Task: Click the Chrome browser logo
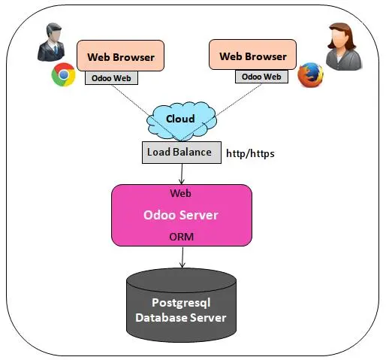(64, 74)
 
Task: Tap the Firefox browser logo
(310, 75)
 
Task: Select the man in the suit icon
(51, 42)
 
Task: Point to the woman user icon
(344, 47)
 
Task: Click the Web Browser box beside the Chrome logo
(120, 56)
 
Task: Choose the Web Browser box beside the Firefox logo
(252, 55)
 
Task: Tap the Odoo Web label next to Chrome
(111, 78)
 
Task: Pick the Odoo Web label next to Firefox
(261, 77)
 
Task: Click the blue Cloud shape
(182, 121)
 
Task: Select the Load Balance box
(182, 153)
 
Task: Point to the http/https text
(250, 153)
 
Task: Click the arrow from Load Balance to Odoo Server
(182, 174)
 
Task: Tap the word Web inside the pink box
(180, 193)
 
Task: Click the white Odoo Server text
(181, 215)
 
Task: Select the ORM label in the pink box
(182, 237)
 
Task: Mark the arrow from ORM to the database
(182, 257)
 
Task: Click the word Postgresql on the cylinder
(181, 304)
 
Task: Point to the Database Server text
(181, 318)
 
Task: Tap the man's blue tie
(56, 49)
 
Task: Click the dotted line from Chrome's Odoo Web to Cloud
(146, 113)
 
